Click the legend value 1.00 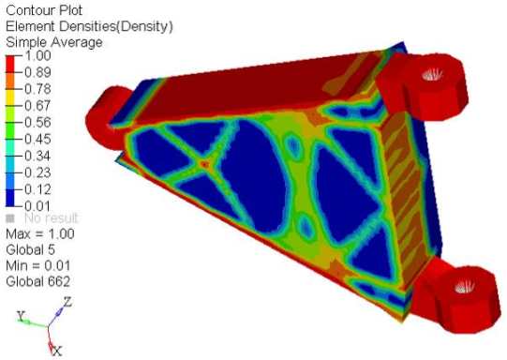pos(36,56)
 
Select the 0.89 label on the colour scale pos(36,72)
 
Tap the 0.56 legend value pos(36,121)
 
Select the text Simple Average pos(54,42)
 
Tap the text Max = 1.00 pos(40,233)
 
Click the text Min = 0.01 pos(39,265)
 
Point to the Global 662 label pos(37,281)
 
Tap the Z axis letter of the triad pos(67,302)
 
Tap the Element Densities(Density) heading pos(89,25)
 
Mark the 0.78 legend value pos(36,89)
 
